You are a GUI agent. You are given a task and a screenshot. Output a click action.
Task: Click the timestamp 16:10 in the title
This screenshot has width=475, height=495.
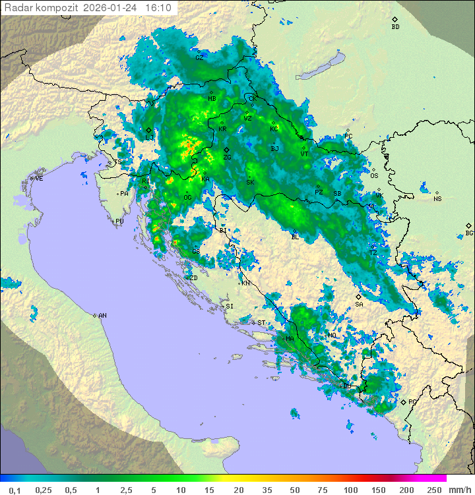158,8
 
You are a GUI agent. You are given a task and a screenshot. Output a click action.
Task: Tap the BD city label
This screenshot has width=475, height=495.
395,27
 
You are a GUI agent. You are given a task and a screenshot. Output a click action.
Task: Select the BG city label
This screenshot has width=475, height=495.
469,233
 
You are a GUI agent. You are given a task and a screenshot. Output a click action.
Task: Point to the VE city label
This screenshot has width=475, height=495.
39,179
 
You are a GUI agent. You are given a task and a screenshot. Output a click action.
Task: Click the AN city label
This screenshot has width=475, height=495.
102,316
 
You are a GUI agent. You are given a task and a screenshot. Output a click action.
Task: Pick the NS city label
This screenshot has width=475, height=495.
437,198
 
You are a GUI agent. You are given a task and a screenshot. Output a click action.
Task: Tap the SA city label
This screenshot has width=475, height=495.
359,305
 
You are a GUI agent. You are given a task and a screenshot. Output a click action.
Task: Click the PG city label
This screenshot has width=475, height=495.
412,401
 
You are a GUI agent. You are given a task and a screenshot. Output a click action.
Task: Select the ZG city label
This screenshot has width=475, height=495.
227,158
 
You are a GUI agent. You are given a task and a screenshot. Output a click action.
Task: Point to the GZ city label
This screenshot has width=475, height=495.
199,58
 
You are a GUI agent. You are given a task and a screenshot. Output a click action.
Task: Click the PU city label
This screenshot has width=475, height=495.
119,221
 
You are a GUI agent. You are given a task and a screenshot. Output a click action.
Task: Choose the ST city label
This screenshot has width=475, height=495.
261,323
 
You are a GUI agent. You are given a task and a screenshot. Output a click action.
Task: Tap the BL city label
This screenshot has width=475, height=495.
295,237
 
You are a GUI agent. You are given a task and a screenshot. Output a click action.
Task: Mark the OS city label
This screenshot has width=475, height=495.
374,176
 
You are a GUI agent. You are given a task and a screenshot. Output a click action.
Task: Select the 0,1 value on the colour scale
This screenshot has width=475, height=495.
15,490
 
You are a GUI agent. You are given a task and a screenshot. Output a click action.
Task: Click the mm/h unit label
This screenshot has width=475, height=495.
457,490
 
